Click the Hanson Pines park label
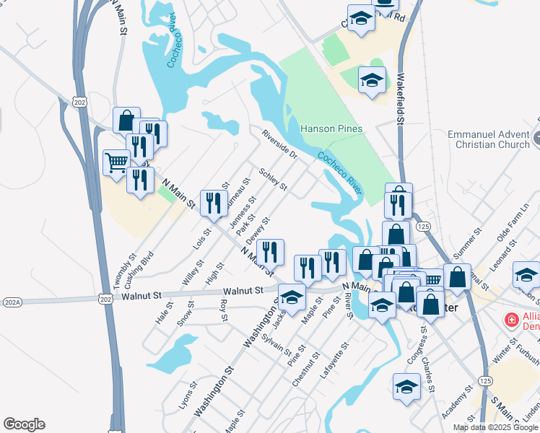[x=331, y=128]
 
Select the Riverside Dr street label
[x=279, y=144]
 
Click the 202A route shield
[x=12, y=302]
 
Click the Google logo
[x=23, y=424]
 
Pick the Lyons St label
[x=186, y=395]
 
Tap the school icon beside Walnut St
[x=292, y=297]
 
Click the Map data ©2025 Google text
[x=496, y=427]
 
